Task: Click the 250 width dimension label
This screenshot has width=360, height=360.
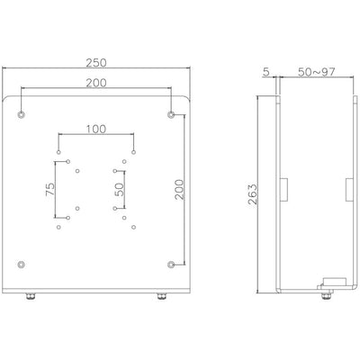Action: coord(96,63)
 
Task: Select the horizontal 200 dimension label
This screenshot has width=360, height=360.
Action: coord(96,83)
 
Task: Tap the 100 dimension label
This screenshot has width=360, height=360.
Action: coord(96,130)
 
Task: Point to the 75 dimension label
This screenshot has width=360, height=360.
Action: coord(50,189)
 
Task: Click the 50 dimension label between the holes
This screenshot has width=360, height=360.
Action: coord(119,189)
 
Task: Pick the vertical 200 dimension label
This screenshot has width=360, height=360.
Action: coord(179,190)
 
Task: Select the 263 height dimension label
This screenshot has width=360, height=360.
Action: coord(253,194)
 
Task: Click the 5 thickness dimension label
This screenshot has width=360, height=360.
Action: coord(266,72)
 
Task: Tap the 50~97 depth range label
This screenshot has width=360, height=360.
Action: coord(317,72)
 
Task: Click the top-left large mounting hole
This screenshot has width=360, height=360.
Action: coord(22,114)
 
